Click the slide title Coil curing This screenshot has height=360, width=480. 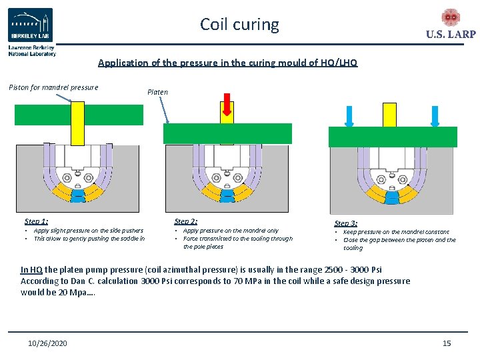click(239, 25)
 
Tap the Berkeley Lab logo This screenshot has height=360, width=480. click(31, 27)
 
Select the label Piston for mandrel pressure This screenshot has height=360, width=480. click(53, 87)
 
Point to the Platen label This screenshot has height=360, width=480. click(157, 92)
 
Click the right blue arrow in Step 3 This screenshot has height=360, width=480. click(435, 115)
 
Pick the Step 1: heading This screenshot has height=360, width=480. click(36, 221)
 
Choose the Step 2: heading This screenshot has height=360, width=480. click(186, 221)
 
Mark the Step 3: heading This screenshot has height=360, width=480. click(346, 223)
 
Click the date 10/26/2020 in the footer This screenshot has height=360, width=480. click(47, 343)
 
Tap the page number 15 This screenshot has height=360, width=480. click(447, 343)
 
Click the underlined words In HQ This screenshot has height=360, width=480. click(31, 270)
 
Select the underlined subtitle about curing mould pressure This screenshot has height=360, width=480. click(227, 63)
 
